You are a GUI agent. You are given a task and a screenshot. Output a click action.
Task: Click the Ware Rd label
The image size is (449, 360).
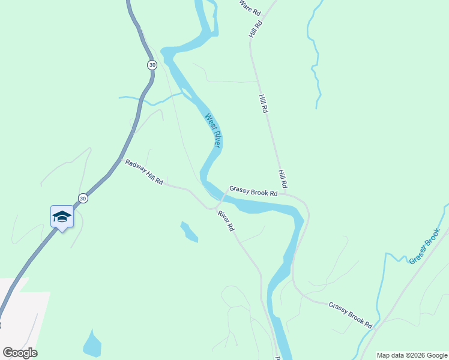tap(250, 8)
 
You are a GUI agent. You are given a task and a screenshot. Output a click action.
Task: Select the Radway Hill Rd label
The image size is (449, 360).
tap(144, 172)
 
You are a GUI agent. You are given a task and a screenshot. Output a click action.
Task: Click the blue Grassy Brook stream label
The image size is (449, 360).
tap(424, 246)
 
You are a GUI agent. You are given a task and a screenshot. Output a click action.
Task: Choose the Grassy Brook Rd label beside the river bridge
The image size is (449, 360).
tap(253, 190)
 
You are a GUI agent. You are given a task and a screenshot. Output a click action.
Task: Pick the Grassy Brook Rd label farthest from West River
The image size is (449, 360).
tap(351, 315)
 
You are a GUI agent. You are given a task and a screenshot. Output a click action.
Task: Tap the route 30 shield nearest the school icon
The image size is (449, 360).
tap(83, 199)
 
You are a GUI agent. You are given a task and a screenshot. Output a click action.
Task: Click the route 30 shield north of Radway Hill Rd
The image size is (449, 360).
tap(152, 65)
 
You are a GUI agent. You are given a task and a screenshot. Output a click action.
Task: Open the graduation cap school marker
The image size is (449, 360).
tap(62, 217)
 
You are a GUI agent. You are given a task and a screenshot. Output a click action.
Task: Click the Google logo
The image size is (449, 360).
tap(20, 353)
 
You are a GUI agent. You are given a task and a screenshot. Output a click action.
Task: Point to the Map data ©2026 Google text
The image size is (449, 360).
tap(412, 355)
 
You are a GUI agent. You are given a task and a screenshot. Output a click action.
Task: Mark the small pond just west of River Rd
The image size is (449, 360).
tap(188, 232)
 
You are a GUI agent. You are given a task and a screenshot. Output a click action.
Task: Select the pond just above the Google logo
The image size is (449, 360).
tap(92, 344)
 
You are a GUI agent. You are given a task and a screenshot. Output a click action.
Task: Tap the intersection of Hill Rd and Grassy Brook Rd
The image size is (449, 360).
tap(286, 193)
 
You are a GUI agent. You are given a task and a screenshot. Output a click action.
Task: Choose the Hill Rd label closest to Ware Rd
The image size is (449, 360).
tap(256, 30)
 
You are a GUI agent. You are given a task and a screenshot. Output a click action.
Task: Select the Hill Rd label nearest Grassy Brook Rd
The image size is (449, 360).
tap(282, 178)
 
